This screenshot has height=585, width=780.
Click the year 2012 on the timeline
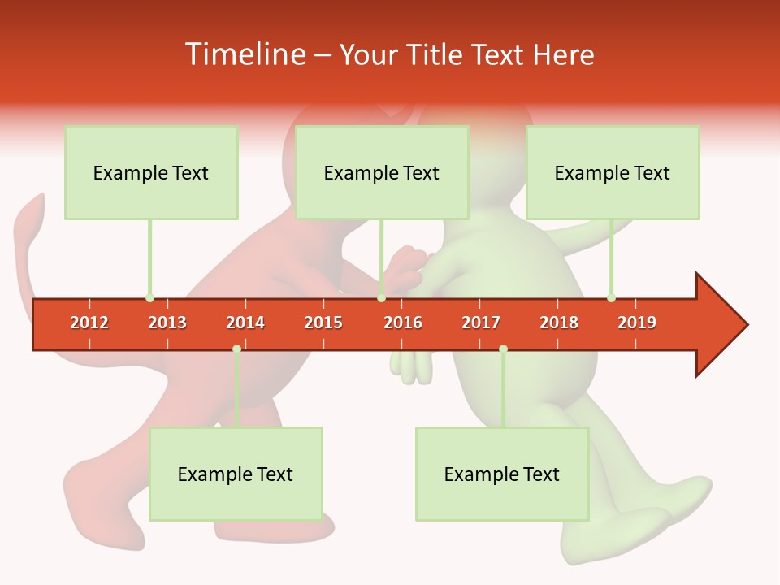tap(89, 323)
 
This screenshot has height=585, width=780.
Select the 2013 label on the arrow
tap(167, 323)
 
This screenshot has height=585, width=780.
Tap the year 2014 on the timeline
tap(245, 323)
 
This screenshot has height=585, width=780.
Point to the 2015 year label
tap(323, 323)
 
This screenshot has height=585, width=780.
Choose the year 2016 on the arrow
tap(403, 323)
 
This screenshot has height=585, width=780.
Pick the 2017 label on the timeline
tap(481, 323)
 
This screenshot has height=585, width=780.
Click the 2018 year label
tap(559, 323)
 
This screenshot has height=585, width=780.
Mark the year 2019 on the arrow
tap(637, 323)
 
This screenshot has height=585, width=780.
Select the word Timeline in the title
tap(245, 54)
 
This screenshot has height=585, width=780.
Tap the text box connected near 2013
tap(151, 172)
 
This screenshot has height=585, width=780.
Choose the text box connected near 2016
tap(382, 172)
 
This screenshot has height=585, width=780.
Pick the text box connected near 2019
tap(613, 172)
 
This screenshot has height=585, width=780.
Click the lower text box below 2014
tap(236, 474)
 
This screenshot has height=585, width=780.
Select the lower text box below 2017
tap(502, 474)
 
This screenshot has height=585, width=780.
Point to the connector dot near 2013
tap(149, 298)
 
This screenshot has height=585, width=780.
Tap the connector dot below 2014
tap(236, 349)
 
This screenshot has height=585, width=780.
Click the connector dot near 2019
tap(611, 298)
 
